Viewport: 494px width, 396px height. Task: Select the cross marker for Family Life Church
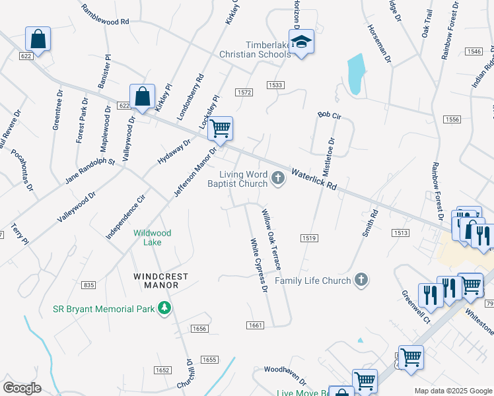(x=361, y=280)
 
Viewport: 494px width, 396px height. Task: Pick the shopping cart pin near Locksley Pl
(x=220, y=129)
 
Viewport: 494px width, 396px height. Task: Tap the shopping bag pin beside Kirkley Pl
(x=142, y=97)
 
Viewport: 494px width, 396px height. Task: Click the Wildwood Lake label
(x=153, y=238)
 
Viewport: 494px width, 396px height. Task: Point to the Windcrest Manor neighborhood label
(x=160, y=280)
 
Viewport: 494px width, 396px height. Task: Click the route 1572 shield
(x=244, y=92)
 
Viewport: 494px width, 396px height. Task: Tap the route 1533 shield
(x=275, y=85)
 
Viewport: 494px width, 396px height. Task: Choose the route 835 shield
(x=89, y=284)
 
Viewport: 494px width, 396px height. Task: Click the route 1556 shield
(x=452, y=119)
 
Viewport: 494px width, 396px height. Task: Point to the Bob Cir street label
(x=328, y=115)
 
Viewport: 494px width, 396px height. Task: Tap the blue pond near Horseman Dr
(x=355, y=72)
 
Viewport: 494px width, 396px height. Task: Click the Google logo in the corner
(x=22, y=388)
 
